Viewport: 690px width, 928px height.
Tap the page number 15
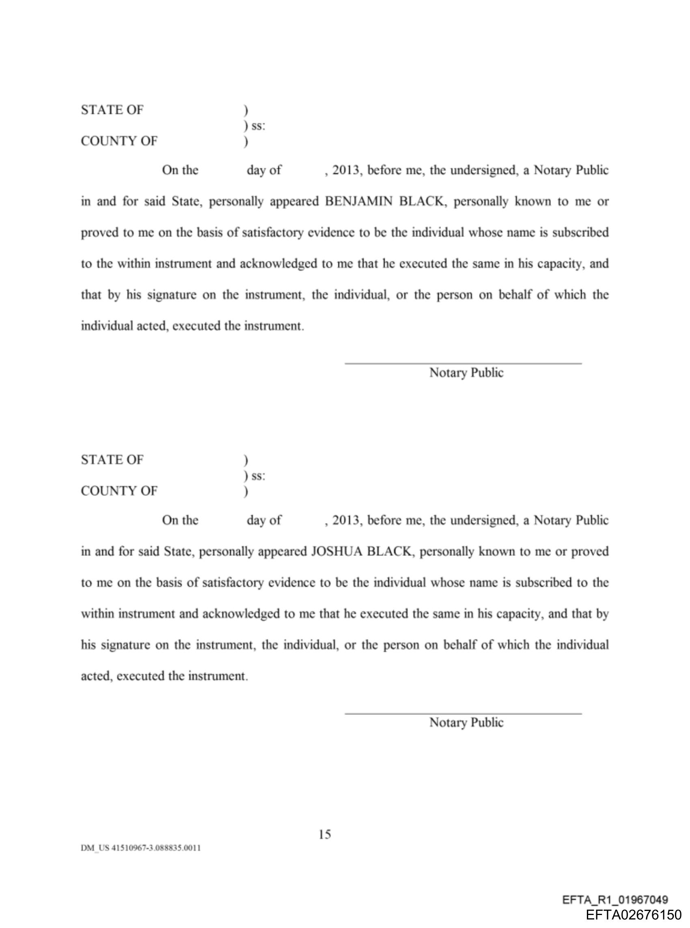325,835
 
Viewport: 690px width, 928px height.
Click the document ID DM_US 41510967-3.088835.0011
141,848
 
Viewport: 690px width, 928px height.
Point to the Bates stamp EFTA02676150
634,915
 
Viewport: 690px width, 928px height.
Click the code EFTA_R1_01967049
615,900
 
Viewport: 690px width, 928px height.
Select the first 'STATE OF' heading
112,110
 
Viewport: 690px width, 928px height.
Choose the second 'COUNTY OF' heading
119,491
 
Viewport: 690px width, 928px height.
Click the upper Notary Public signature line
463,363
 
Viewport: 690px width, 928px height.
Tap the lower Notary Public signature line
463,713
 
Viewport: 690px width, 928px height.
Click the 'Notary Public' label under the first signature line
466,373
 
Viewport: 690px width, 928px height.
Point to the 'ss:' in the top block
258,126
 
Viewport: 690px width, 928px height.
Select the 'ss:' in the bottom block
258,476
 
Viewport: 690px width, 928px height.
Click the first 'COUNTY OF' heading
119,142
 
